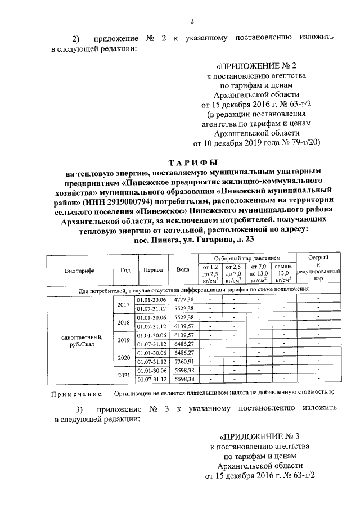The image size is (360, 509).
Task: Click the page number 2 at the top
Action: tap(191, 22)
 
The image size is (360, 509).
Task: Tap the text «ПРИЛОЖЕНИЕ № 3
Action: tap(262, 436)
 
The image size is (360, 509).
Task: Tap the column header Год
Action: tap(125, 270)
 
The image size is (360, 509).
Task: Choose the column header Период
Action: tap(152, 270)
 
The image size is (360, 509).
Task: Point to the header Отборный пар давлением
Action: tap(245, 257)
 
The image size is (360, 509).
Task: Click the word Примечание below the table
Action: tap(76, 393)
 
